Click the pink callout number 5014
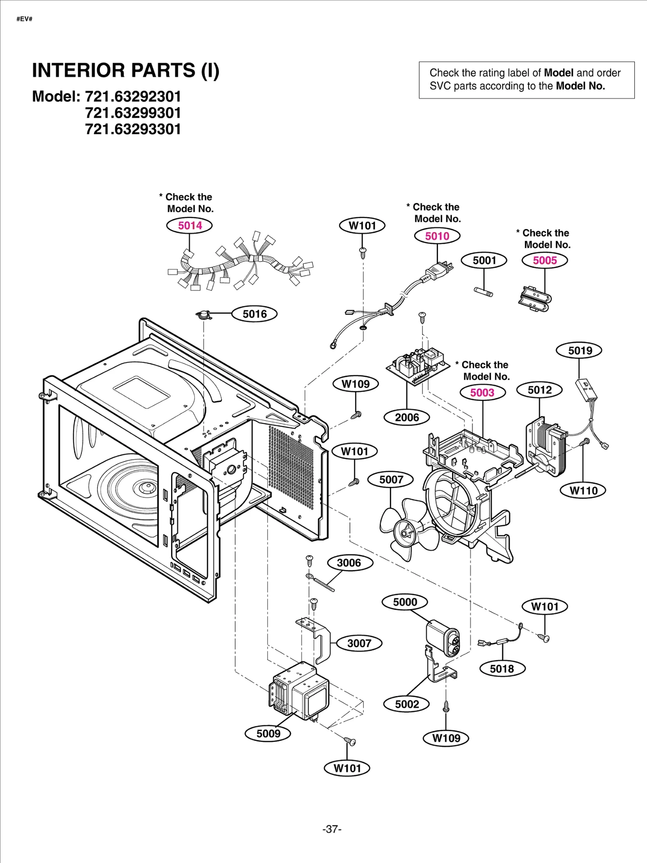point(189,225)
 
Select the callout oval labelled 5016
point(254,314)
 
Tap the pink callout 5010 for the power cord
point(437,236)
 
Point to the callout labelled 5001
point(484,260)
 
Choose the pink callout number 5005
point(545,260)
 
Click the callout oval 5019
point(579,350)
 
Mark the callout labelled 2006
point(407,417)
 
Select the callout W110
point(583,491)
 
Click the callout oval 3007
point(359,643)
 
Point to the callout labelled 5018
point(502,669)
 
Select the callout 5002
point(407,704)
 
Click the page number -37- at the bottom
point(332,829)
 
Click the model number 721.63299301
point(133,113)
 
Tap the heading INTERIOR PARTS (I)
point(125,70)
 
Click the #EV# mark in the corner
point(24,19)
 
